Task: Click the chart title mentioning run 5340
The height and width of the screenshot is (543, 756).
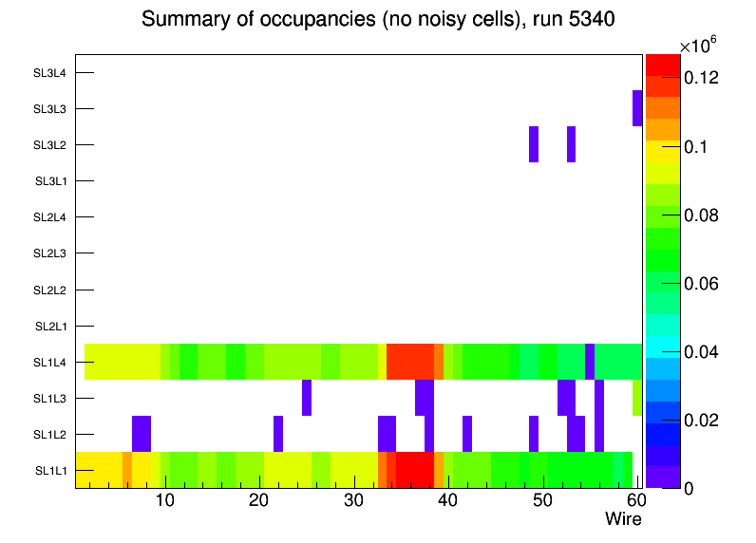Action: coord(379,20)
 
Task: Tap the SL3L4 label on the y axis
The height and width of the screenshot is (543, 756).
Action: coord(50,72)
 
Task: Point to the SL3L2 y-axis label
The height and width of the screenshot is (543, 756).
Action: coord(50,144)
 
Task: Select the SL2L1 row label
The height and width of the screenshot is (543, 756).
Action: coord(50,326)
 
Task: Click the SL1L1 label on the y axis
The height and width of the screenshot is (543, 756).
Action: coord(50,470)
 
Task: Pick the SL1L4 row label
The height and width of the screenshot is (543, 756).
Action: coord(50,362)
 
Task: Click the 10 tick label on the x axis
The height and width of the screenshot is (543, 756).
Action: coord(164,500)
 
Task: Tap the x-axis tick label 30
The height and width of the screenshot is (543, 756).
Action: coord(353,500)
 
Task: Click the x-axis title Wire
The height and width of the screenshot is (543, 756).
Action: coord(623,519)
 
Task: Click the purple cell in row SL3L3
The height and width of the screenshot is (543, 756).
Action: coord(637,108)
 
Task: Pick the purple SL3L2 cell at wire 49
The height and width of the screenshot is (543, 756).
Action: coord(534,144)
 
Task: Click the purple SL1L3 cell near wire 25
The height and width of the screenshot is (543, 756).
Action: coord(307,398)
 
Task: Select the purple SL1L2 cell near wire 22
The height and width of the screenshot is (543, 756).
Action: coord(278,434)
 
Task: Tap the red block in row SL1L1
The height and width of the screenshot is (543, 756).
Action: coord(415,470)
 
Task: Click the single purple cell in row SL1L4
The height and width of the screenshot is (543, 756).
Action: coord(590,362)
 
